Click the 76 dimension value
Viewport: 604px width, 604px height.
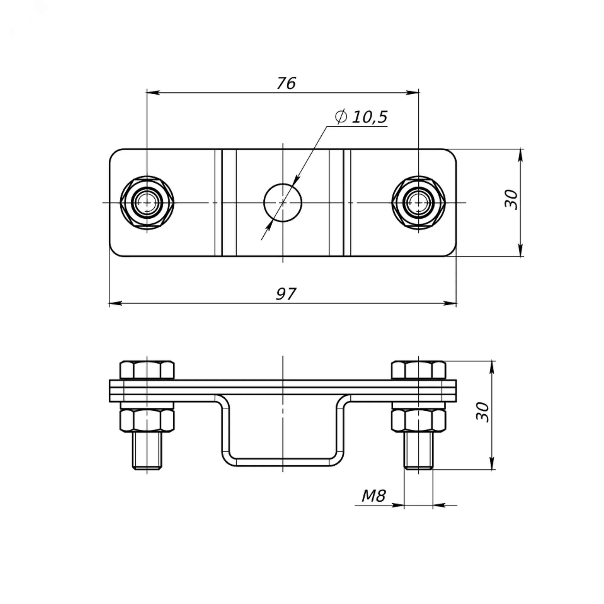tap(286, 83)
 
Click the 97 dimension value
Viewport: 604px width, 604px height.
tap(286, 294)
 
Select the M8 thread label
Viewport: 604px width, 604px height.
tap(374, 496)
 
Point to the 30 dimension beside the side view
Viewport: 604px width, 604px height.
tap(483, 412)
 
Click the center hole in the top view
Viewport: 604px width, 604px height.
tap(283, 203)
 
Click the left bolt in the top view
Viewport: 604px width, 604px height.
tap(147, 203)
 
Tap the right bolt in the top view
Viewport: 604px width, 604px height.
tap(419, 203)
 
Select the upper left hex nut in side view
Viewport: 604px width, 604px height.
tap(147, 370)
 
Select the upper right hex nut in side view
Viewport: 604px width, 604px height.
tap(419, 370)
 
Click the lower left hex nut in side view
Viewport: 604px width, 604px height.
tap(147, 421)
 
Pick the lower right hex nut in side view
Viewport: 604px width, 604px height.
tap(419, 421)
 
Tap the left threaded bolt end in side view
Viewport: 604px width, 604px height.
tap(147, 451)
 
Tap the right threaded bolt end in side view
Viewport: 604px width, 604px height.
tap(419, 451)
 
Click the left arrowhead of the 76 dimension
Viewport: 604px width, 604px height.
tap(153, 92)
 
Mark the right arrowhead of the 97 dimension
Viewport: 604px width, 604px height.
tap(450, 303)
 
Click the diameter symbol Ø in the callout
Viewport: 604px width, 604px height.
tap(340, 117)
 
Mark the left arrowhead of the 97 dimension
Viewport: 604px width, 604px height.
tap(115, 303)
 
